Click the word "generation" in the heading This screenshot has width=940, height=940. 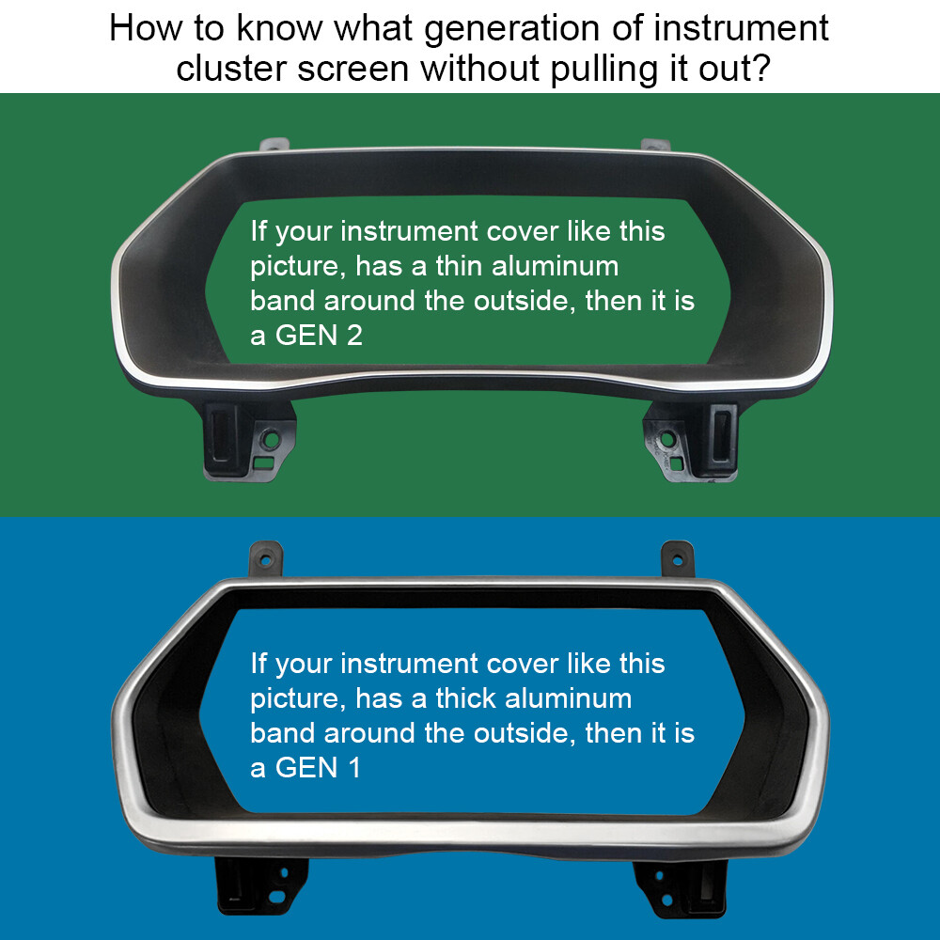[x=512, y=30]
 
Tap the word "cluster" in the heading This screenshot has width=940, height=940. [x=231, y=69]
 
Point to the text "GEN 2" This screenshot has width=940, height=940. [x=319, y=336]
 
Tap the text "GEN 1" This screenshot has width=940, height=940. [x=318, y=768]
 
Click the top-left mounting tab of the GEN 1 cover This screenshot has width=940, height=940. [x=266, y=558]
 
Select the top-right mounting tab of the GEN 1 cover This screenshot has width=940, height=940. [x=678, y=558]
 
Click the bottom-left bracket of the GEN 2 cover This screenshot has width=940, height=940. [x=249, y=441]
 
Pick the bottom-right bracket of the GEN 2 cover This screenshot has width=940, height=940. [x=691, y=441]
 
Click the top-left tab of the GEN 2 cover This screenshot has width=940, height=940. [x=274, y=145]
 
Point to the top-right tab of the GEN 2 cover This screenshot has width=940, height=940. [x=655, y=145]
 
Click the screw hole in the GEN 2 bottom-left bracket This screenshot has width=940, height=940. [x=272, y=440]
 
